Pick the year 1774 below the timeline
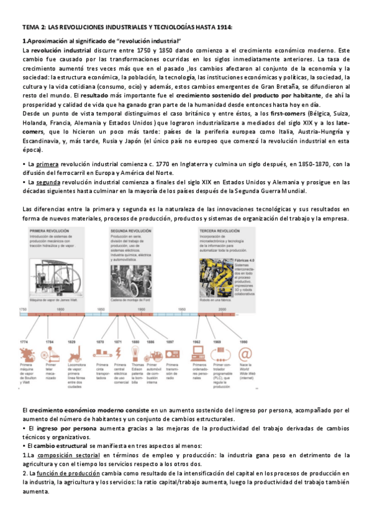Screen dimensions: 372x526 point(24,342)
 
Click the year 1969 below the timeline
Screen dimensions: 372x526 point(217,342)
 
